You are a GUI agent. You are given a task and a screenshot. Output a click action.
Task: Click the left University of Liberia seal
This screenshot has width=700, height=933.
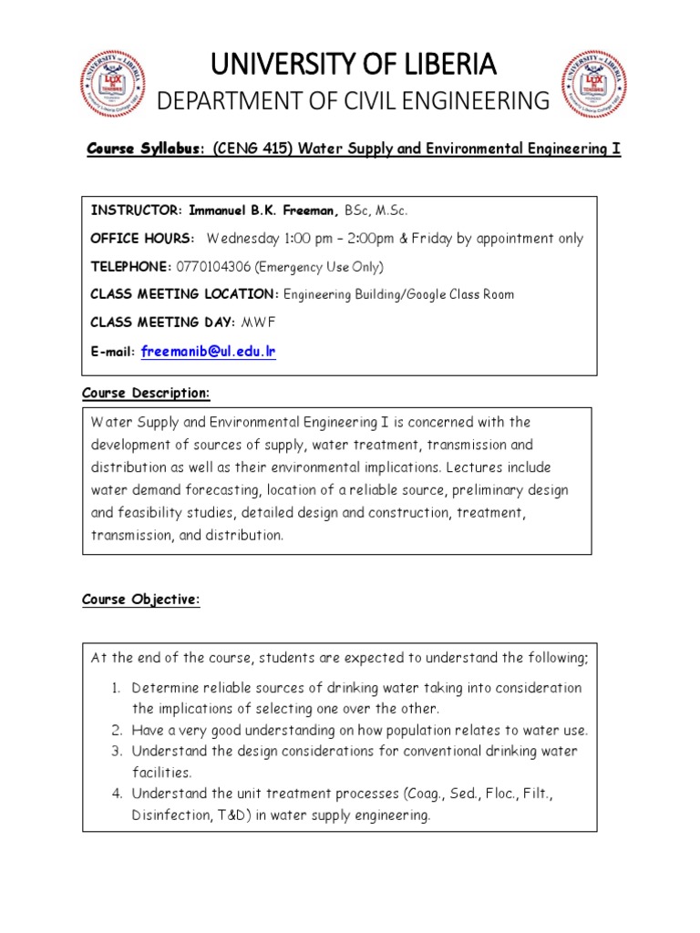pyautogui.click(x=112, y=85)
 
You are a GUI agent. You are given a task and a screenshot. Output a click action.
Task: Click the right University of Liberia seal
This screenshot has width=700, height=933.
pyautogui.click(x=593, y=85)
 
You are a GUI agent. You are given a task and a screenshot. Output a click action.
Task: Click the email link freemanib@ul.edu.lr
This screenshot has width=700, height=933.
pyautogui.click(x=209, y=351)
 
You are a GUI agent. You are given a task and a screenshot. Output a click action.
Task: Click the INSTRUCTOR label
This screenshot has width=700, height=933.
pyautogui.click(x=135, y=210)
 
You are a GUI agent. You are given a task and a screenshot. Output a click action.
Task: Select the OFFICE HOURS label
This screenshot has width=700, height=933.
pyautogui.click(x=142, y=239)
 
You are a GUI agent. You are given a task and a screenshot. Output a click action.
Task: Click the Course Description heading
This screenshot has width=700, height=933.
pyautogui.click(x=146, y=393)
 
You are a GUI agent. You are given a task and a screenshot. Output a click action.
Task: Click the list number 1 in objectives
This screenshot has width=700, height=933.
pyautogui.click(x=118, y=688)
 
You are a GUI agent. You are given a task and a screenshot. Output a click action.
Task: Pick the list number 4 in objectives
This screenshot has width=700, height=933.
pyautogui.click(x=118, y=794)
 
